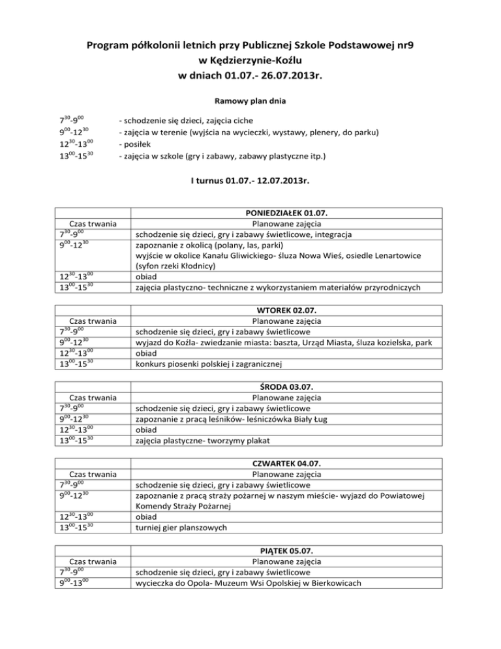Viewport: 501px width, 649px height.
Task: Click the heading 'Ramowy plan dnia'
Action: point(250,102)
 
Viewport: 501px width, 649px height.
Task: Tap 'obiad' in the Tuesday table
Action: point(145,353)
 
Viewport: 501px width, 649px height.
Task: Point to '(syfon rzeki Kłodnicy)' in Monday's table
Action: point(178,266)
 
